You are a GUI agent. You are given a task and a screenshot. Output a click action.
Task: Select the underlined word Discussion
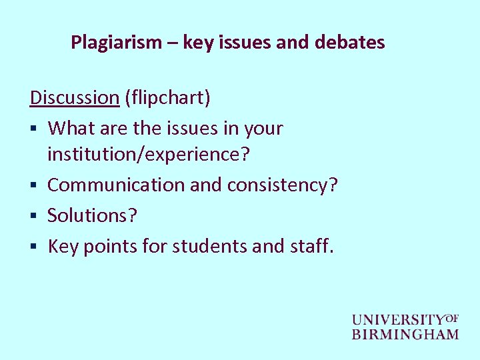tap(74, 97)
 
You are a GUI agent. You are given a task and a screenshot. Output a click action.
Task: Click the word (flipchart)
tap(167, 97)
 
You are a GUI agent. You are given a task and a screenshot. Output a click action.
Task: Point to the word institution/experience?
tap(149, 155)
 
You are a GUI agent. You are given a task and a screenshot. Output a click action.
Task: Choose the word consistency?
tap(283, 185)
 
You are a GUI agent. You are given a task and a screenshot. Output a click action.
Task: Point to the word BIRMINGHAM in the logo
tap(405, 334)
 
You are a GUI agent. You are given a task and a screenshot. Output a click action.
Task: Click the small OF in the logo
tap(451, 317)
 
